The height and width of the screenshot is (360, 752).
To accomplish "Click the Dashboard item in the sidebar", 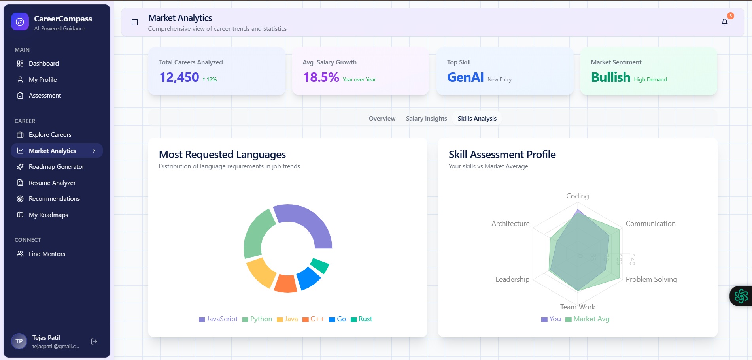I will pos(43,64).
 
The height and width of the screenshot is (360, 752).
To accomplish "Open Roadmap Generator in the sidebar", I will pos(56,167).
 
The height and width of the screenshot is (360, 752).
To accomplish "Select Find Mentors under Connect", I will pos(47,254).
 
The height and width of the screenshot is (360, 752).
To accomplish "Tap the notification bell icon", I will pos(724,22).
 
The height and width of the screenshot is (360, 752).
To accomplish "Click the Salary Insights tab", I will pos(426,119).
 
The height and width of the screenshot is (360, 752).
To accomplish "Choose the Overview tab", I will pos(382,119).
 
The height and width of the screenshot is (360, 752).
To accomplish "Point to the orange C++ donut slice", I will pos(285,283).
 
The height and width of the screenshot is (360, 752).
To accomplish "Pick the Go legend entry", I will pos(338,319).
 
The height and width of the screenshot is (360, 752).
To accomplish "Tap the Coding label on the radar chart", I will pos(577,196).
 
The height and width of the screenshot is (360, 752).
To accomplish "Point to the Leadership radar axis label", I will pos(512,279).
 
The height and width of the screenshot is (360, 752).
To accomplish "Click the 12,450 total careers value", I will pos(179,77).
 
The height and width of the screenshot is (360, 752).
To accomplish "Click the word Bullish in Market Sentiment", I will pos(610,77).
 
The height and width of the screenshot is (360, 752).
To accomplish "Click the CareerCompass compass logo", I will pos(20,22).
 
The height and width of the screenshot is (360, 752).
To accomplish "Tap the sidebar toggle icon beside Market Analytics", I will pos(135,22).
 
